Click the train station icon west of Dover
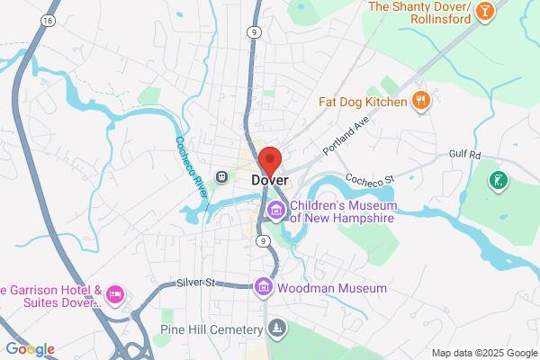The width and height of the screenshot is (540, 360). pos(221,175)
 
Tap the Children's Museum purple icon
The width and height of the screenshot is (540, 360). pos(275,212)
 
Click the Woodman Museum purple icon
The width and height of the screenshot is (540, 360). pos(264,288)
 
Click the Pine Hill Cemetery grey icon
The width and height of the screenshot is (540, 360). pos(276,327)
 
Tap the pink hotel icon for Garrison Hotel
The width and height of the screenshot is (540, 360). pos(115,294)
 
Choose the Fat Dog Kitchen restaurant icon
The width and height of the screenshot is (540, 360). pos(419,101)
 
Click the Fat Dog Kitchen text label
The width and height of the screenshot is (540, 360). pos(363,102)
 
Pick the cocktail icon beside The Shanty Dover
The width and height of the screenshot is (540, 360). pos(486,12)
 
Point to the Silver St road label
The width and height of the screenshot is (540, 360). pos(195,283)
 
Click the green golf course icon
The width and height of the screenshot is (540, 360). pos(497,180)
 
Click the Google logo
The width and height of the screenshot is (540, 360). pos(30,349)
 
